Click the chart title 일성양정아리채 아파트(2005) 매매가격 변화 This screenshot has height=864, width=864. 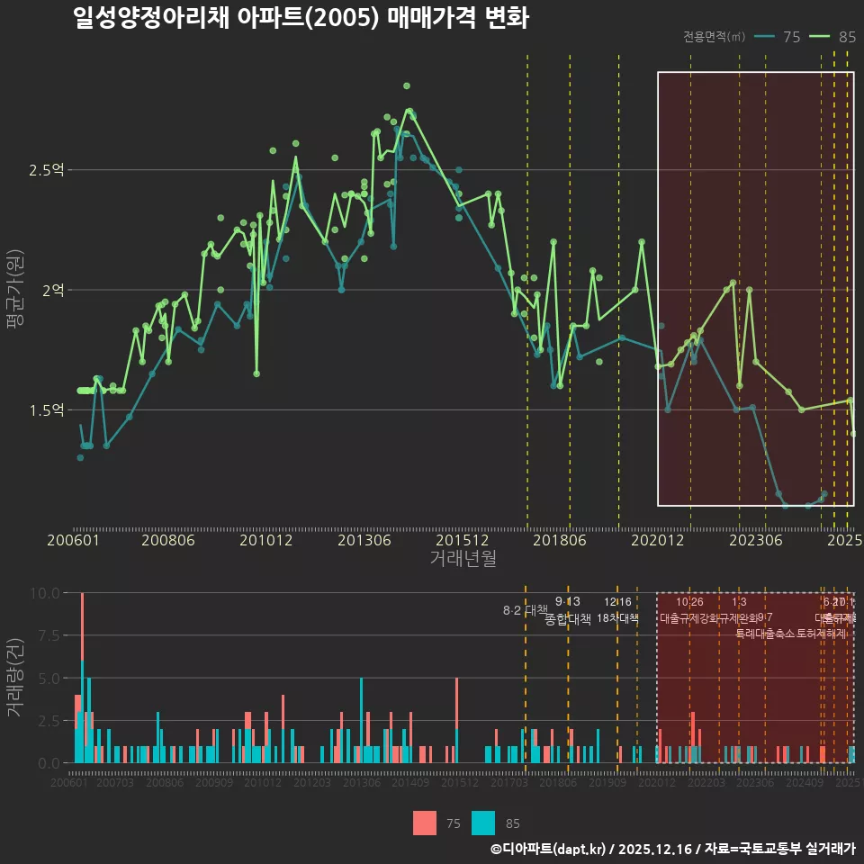click(x=301, y=18)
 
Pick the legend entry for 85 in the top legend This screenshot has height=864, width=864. click(x=834, y=37)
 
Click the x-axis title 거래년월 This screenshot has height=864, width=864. click(x=463, y=558)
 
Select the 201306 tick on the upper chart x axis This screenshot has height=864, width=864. click(x=364, y=540)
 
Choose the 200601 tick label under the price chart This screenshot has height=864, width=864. click(x=73, y=540)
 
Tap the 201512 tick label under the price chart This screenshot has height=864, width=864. click(x=463, y=540)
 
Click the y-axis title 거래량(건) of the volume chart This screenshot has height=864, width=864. click(x=14, y=678)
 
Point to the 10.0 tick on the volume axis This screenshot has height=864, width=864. click(x=45, y=593)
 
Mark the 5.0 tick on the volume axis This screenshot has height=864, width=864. click(x=45, y=678)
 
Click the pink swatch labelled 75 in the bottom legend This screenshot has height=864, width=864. click(x=425, y=823)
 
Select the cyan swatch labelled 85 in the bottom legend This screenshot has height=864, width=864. click(x=483, y=823)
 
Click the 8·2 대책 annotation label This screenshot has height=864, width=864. click(x=525, y=610)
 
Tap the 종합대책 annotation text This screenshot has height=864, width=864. click(x=568, y=619)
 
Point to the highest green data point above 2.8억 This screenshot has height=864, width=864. click(x=407, y=85)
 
